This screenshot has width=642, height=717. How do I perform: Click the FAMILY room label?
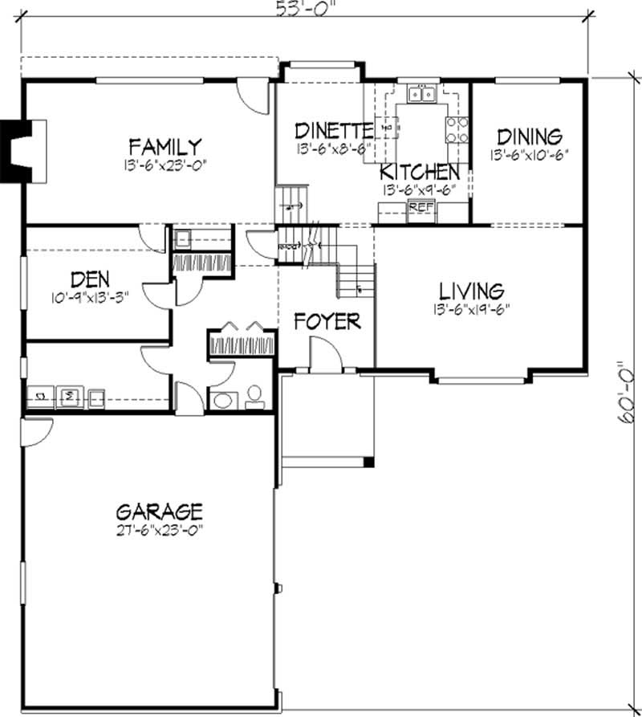click(165, 147)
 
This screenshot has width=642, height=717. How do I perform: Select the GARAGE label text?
click(159, 511)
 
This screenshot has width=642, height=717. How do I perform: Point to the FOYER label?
click(327, 322)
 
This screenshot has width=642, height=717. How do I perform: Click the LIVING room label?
click(471, 291)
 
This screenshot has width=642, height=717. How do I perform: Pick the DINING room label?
click(529, 136)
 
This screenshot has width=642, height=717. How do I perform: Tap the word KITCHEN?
click(420, 172)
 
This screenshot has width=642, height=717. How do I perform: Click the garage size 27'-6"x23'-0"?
click(159, 529)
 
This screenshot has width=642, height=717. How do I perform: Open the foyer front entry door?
click(319, 353)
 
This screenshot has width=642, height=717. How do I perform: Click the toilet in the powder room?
click(255, 394)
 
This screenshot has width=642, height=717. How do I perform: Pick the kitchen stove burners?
click(457, 128)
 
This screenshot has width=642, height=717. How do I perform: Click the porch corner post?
click(368, 462)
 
